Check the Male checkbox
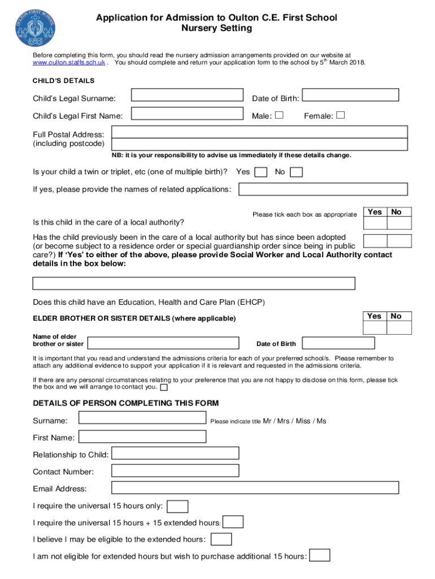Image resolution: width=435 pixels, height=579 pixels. click(x=279, y=115)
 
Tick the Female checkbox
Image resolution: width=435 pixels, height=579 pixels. click(x=340, y=115)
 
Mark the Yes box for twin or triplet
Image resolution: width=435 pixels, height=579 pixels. click(x=261, y=172)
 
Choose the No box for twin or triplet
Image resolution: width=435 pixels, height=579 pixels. click(x=296, y=172)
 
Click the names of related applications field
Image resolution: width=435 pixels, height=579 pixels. click(x=323, y=189)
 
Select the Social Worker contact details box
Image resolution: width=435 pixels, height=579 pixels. click(x=194, y=283)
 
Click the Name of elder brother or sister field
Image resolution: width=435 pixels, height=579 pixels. click(x=163, y=343)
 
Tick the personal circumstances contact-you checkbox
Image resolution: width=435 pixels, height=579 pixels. click(x=164, y=388)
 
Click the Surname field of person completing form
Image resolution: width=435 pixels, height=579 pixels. click(x=142, y=418)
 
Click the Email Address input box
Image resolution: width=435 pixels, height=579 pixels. click(x=255, y=487)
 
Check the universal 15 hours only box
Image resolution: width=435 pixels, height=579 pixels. click(x=179, y=506)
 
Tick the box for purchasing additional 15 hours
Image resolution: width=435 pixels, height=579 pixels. click(x=320, y=556)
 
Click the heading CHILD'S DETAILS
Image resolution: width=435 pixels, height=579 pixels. click(x=64, y=81)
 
